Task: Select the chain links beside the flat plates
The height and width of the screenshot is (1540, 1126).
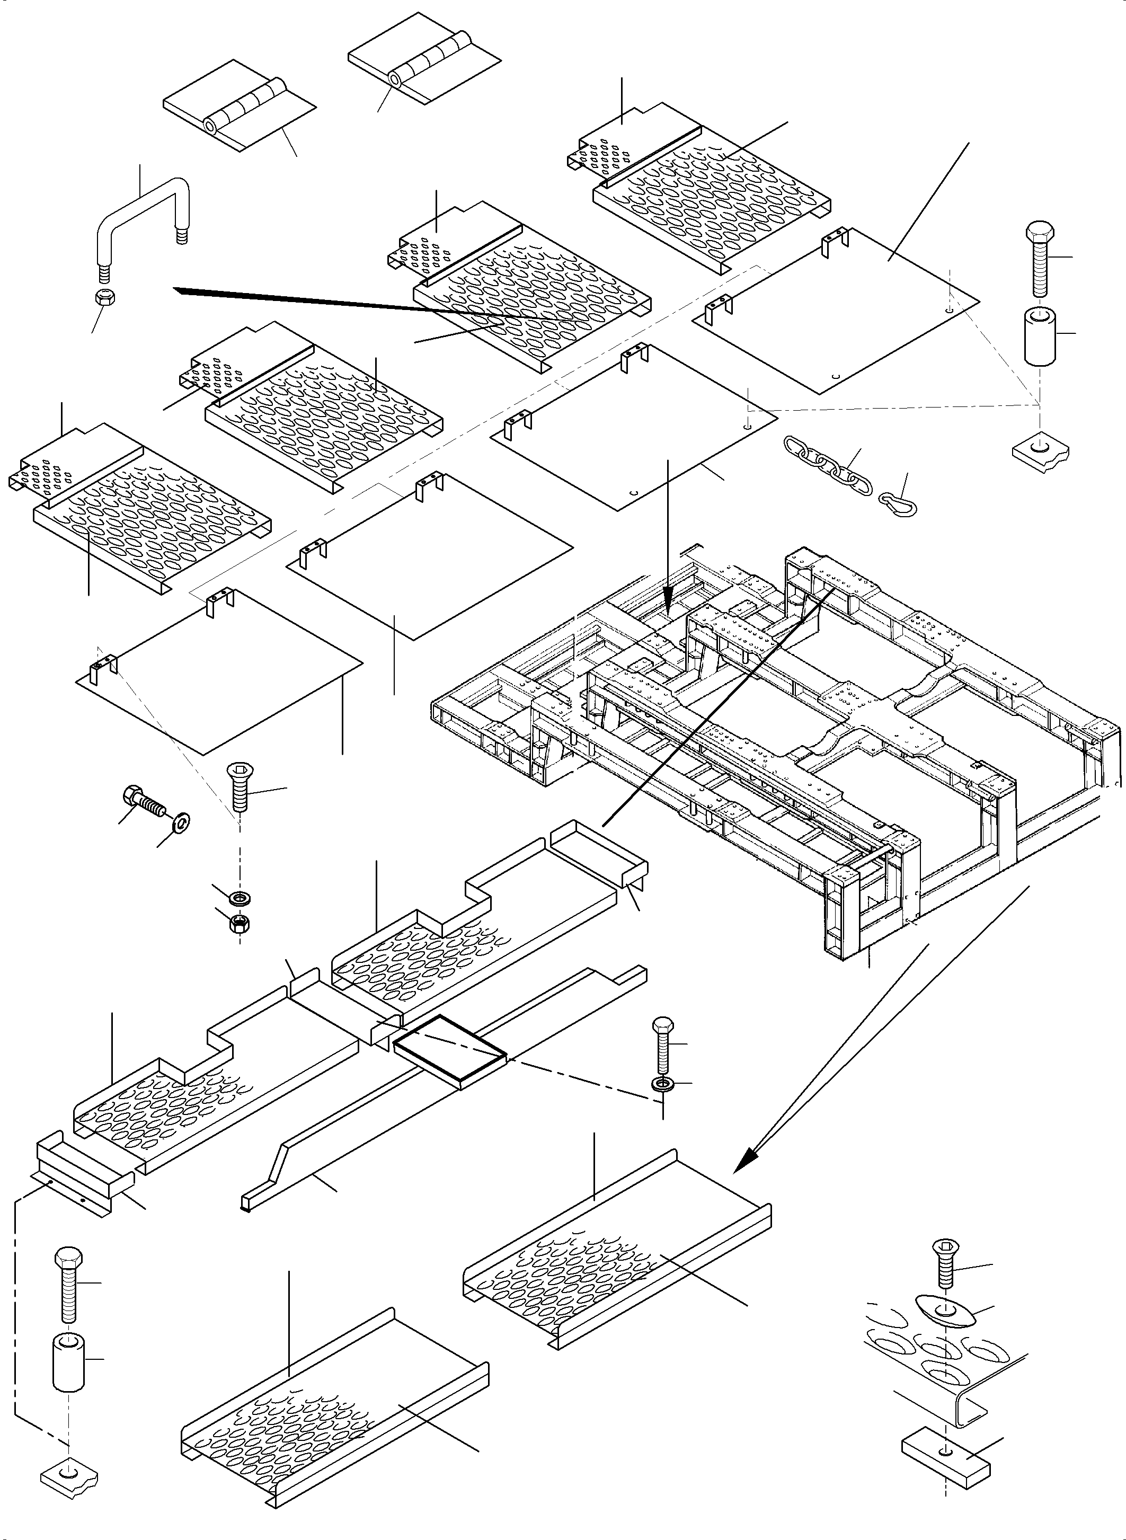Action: (x=828, y=466)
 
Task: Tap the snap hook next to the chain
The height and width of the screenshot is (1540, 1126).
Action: (x=898, y=503)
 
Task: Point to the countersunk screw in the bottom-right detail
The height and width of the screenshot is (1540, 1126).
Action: (x=944, y=1262)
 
